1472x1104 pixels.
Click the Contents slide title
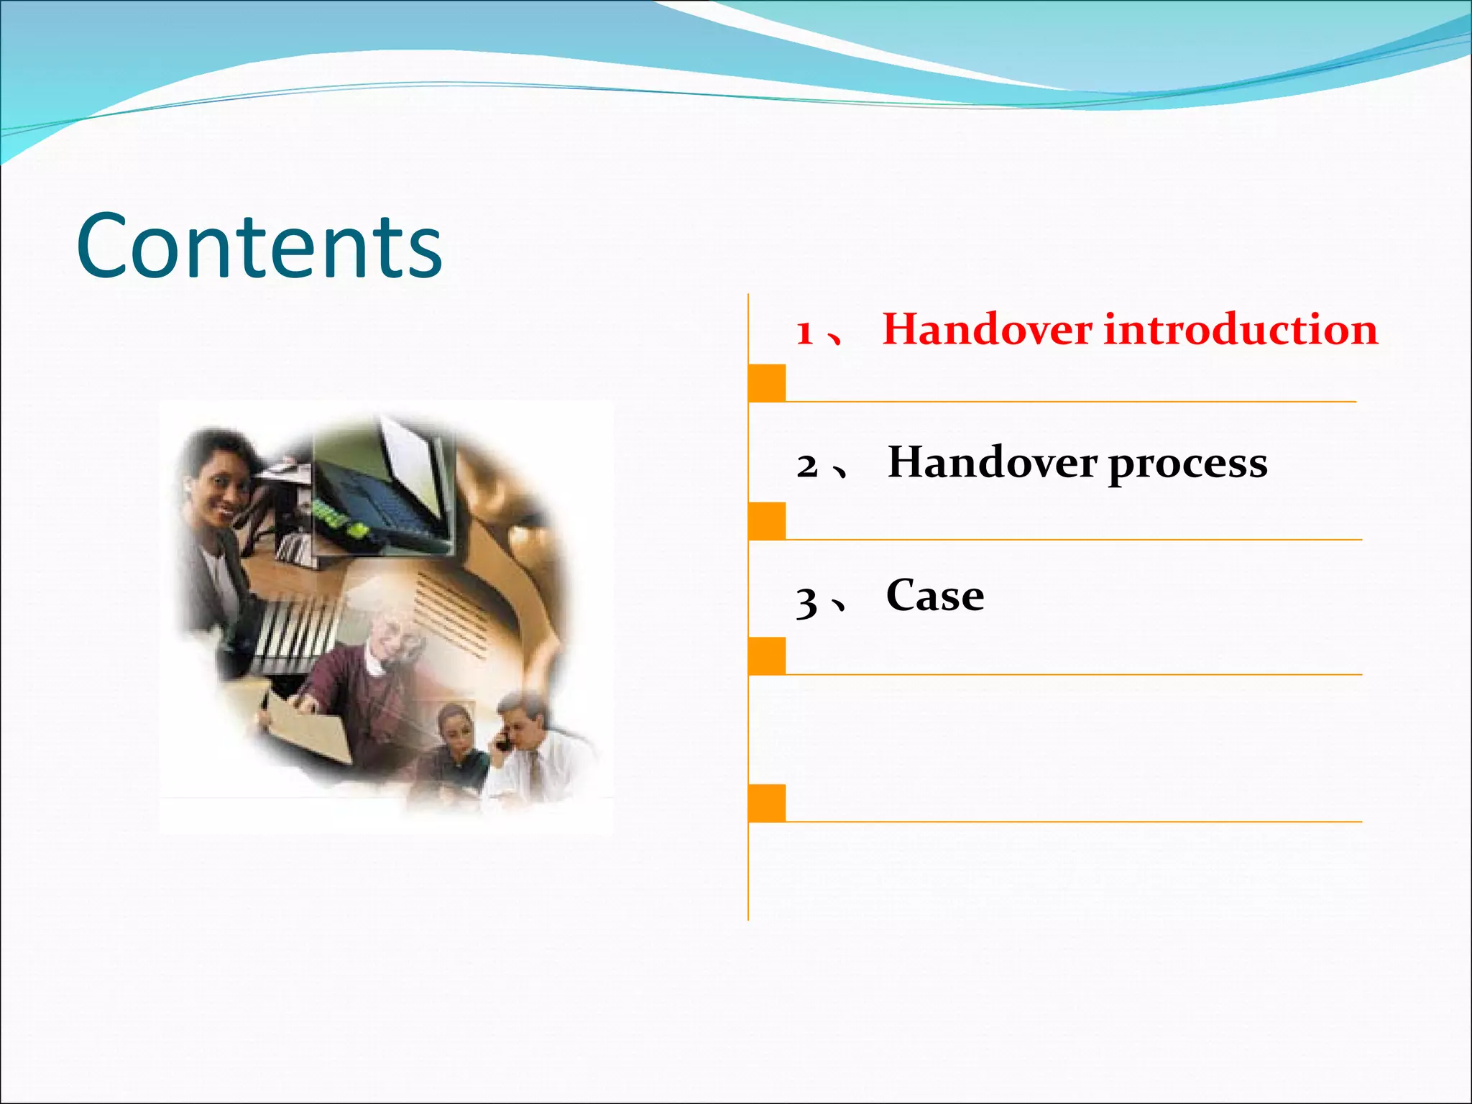click(259, 246)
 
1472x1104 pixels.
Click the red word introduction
click(1241, 330)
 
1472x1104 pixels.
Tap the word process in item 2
click(1187, 464)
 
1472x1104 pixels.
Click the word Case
click(934, 596)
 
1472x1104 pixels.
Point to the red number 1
click(805, 333)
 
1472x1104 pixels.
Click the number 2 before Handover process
click(807, 466)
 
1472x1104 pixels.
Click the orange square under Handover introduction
click(767, 382)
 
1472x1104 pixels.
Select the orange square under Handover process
click(767, 520)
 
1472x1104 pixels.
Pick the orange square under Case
click(767, 655)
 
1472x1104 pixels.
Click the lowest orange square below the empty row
click(767, 803)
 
